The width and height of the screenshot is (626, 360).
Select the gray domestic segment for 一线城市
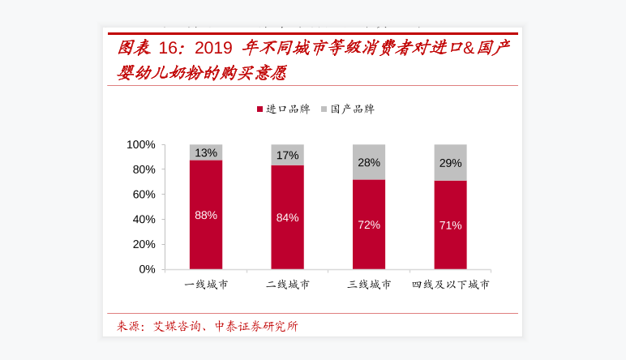[x=206, y=152]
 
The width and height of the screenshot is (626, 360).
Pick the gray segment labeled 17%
[x=287, y=155]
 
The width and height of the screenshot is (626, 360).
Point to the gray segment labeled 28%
[x=369, y=162]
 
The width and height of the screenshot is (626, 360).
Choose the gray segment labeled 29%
[x=450, y=162]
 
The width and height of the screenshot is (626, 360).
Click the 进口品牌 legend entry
[x=283, y=109]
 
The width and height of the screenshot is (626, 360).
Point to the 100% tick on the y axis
[x=141, y=144]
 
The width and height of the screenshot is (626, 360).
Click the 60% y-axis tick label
[x=144, y=194]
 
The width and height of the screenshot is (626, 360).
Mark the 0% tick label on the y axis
[x=147, y=268]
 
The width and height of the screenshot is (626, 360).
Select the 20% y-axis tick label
[x=144, y=244]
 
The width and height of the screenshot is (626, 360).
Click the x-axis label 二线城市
[x=287, y=285]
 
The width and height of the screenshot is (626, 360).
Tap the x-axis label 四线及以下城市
[x=450, y=285]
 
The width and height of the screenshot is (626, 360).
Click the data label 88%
[x=206, y=215]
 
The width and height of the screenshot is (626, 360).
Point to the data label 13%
[x=206, y=152]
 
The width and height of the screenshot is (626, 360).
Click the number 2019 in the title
[x=213, y=47]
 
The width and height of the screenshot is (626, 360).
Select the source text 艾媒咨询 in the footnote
[x=176, y=326]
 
